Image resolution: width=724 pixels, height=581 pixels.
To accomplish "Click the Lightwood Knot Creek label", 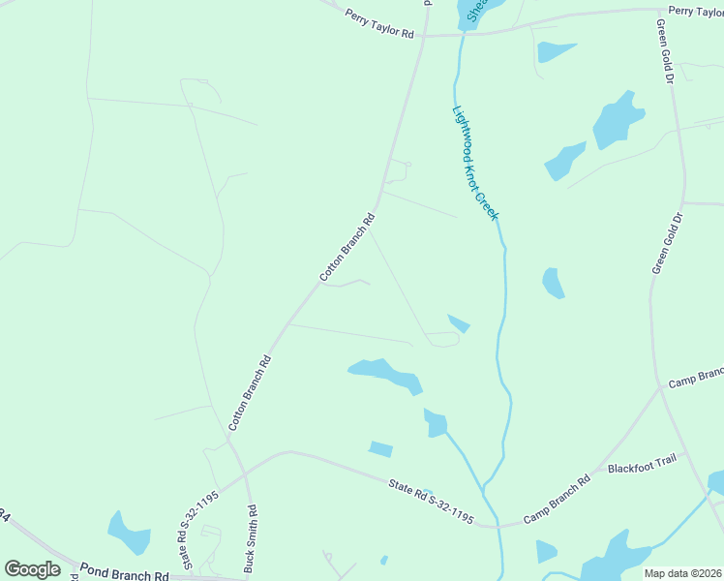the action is [475, 162].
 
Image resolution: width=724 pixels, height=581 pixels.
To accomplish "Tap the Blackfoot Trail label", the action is [640, 467].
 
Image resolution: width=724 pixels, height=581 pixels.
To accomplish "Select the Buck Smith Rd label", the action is [251, 538].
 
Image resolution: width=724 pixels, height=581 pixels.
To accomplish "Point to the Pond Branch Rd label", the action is [124, 574].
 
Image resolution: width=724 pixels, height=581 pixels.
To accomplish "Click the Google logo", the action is [32, 569].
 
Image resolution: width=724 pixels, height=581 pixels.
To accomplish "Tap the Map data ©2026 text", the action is [682, 573].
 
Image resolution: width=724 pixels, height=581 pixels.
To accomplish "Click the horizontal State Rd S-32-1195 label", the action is [431, 502].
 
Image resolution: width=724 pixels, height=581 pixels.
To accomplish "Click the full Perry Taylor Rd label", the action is [379, 21].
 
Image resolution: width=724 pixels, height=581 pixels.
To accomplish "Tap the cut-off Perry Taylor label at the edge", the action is [696, 11].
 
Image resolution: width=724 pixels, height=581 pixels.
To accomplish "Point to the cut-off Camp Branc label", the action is [696, 375].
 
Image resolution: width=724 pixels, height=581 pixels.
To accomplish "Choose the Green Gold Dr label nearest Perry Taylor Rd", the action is [664, 52].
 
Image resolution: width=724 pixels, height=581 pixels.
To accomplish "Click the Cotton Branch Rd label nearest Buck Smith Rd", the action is [250, 392].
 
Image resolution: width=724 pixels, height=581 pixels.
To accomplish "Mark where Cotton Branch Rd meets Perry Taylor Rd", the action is [422, 36].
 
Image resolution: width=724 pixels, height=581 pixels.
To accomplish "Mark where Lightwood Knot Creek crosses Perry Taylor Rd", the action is [464, 34].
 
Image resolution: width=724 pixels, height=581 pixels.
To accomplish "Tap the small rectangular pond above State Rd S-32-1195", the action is [381, 448].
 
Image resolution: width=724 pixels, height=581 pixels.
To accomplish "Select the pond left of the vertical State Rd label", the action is [129, 533].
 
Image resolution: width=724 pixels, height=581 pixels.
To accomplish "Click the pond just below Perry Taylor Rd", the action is [555, 51].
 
